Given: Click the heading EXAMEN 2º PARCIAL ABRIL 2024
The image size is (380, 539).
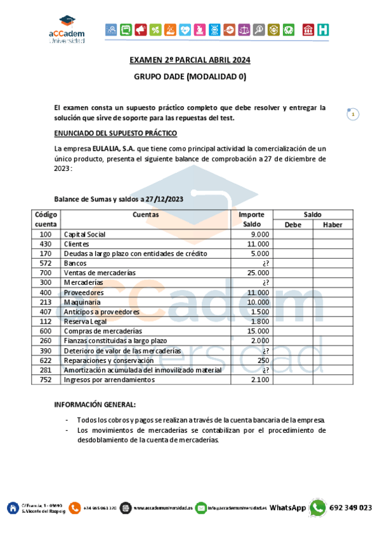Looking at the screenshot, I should click(x=190, y=60).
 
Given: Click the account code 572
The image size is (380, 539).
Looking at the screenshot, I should click(x=45, y=263).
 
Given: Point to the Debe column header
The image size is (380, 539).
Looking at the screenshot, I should click(x=292, y=224).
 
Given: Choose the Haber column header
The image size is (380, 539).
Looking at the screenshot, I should click(x=332, y=224).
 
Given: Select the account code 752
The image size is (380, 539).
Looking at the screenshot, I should click(x=45, y=379).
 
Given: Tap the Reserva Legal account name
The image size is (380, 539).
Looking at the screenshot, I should click(x=86, y=321).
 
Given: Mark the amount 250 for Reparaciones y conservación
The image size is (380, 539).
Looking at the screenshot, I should click(x=263, y=360).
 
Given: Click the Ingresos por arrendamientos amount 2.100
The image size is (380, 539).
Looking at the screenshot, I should click(x=260, y=379).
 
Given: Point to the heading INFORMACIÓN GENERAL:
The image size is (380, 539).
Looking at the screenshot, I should click(x=95, y=405).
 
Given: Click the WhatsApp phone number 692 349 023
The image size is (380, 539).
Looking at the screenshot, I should click(x=351, y=507).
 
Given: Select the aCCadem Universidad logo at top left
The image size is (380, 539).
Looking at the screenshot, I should click(x=66, y=30).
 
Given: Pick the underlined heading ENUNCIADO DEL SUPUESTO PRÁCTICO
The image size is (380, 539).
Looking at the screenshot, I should click(x=115, y=133).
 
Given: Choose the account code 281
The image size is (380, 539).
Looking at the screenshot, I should click(x=45, y=370).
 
